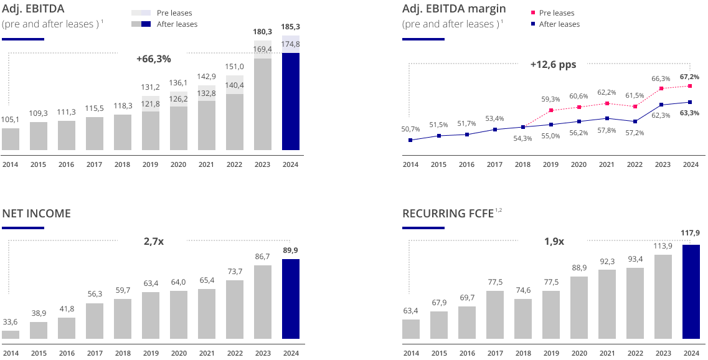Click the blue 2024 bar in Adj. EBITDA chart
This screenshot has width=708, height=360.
(x=291, y=93)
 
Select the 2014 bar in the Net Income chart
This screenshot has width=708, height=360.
(x=11, y=334)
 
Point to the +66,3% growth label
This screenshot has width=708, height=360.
(x=153, y=59)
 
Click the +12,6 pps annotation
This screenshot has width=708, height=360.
(x=553, y=64)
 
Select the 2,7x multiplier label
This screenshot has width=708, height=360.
(x=153, y=240)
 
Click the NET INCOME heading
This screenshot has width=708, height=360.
(x=36, y=214)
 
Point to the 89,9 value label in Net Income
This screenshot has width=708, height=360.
(x=291, y=251)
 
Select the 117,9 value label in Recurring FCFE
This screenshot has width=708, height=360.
(x=691, y=233)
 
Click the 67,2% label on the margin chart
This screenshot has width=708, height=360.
(x=689, y=77)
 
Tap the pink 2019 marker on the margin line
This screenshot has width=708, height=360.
(x=551, y=111)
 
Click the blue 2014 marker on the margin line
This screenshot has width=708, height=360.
(x=410, y=140)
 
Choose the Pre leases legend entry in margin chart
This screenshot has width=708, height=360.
(x=556, y=13)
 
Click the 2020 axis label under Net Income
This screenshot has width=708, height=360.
(x=178, y=353)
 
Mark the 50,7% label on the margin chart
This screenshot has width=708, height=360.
(x=411, y=129)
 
